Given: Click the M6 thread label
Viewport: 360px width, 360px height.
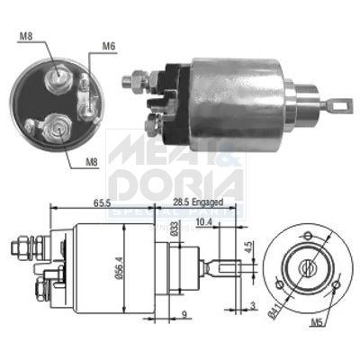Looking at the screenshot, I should click(109, 46).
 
